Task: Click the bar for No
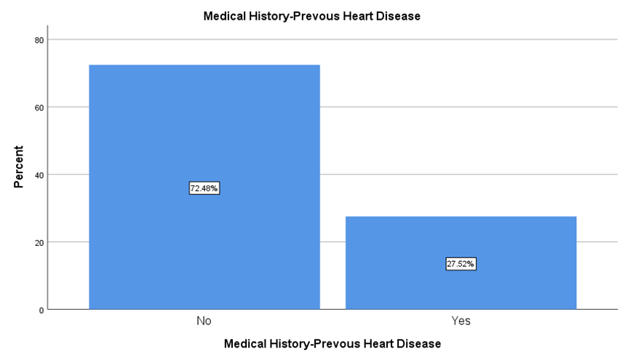[x=204, y=187]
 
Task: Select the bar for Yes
[x=461, y=263]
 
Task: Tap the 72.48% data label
[x=204, y=188]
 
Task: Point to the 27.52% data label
[x=461, y=264]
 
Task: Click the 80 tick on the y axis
[x=39, y=40]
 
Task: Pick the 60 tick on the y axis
[x=39, y=108]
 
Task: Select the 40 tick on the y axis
[x=39, y=175]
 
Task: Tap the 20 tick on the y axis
[x=39, y=242]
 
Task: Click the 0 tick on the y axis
[x=41, y=311]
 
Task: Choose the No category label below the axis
[x=204, y=321]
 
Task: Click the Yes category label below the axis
[x=461, y=321]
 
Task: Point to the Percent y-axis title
[x=19, y=167]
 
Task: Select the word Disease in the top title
[x=399, y=16]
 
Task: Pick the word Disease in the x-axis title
[x=420, y=344]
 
